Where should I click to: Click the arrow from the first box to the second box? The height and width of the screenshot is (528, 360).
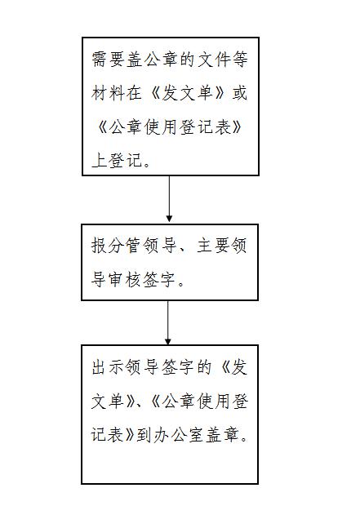coord(169,198)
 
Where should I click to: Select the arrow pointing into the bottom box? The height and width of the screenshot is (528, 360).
coord(167,322)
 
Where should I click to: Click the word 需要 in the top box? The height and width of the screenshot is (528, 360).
coord(108,59)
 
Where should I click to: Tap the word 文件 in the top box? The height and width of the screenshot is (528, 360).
coord(213,59)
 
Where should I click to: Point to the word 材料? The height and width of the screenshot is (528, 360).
coord(108,93)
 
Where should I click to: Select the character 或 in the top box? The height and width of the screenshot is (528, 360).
coord(239,93)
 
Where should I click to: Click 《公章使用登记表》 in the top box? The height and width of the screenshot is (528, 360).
coord(170,127)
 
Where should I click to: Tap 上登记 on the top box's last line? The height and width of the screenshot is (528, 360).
coord(117,160)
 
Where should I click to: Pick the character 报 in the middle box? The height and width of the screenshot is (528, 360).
coord(100,245)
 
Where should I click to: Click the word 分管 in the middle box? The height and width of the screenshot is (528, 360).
coord(125,245)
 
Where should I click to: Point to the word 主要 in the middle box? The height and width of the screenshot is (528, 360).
coord(213,245)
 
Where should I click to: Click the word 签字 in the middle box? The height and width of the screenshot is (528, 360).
coord(160,279)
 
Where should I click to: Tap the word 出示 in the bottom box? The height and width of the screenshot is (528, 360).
coord(108,366)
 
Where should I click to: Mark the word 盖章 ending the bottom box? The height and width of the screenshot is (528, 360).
coord(222,435)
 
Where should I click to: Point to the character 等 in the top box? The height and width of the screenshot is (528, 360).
coord(239,59)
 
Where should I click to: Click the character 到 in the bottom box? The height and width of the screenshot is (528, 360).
coord(144,435)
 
